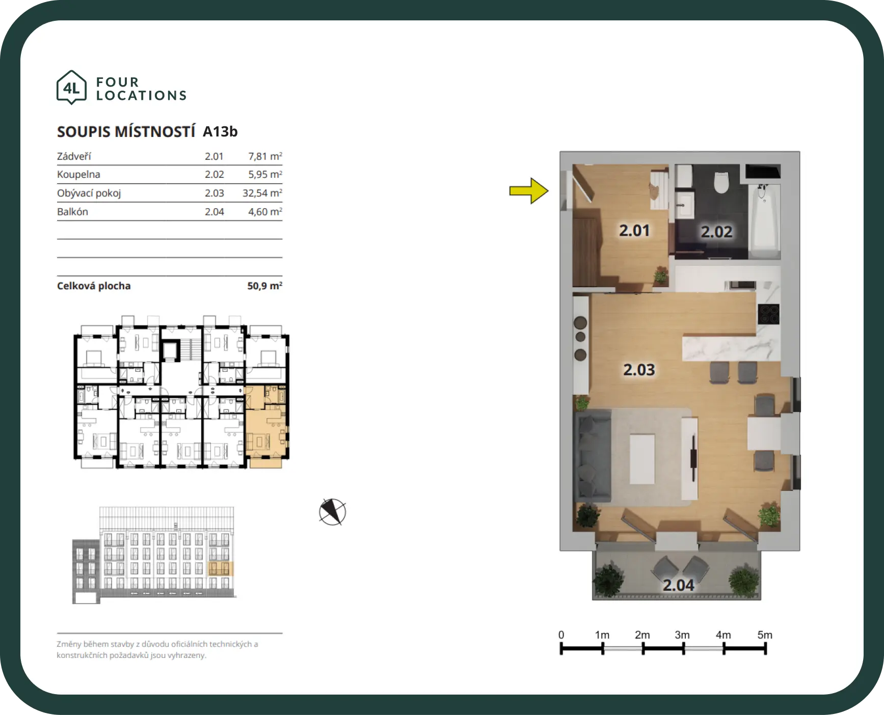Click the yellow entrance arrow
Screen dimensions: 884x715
tap(529, 191)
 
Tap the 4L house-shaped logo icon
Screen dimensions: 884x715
tap(71, 88)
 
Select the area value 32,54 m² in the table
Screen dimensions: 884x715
tap(262, 193)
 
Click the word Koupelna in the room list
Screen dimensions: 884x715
tap(78, 174)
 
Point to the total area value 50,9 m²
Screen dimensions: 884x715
tap(265, 286)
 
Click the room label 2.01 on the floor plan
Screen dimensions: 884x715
tap(634, 231)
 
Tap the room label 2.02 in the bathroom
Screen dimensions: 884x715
tap(716, 232)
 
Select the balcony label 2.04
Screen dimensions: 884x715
tap(678, 585)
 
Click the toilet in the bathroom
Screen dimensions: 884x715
tap(721, 182)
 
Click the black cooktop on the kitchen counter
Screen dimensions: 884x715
tap(768, 314)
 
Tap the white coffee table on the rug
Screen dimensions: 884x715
tap(642, 458)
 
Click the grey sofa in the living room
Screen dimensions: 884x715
tap(593, 456)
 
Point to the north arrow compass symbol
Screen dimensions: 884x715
tap(332, 512)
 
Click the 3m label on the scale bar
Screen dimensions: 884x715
tap(682, 635)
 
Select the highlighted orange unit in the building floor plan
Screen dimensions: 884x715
tap(266, 426)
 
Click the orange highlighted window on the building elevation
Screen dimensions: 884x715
tap(221, 568)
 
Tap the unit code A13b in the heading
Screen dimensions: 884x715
tap(220, 131)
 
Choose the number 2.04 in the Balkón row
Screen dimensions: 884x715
tap(215, 212)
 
